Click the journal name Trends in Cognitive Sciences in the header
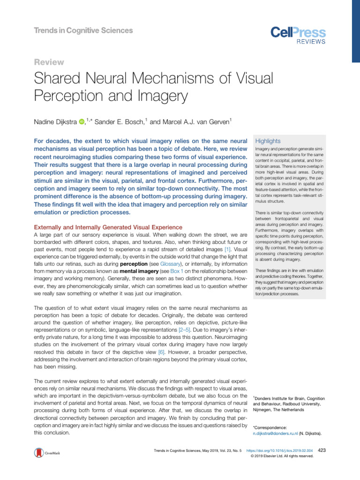[83, 31]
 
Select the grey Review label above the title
[50, 62]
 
